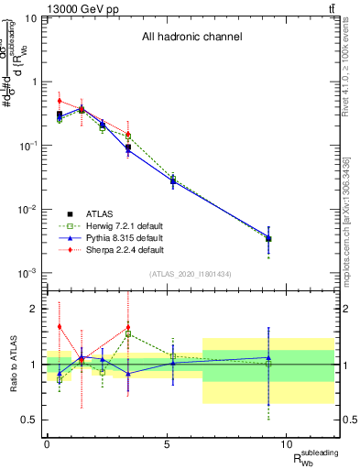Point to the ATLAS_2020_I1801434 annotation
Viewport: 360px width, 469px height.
191,274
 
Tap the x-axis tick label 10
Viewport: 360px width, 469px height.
287,444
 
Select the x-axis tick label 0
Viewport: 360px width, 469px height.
47,444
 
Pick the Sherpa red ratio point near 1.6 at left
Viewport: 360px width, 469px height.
60,326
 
